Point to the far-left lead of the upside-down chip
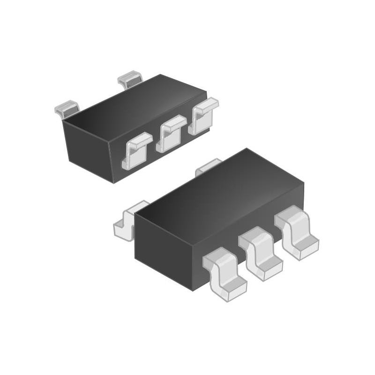tap(67, 109)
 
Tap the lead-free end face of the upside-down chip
tap(89, 150)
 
